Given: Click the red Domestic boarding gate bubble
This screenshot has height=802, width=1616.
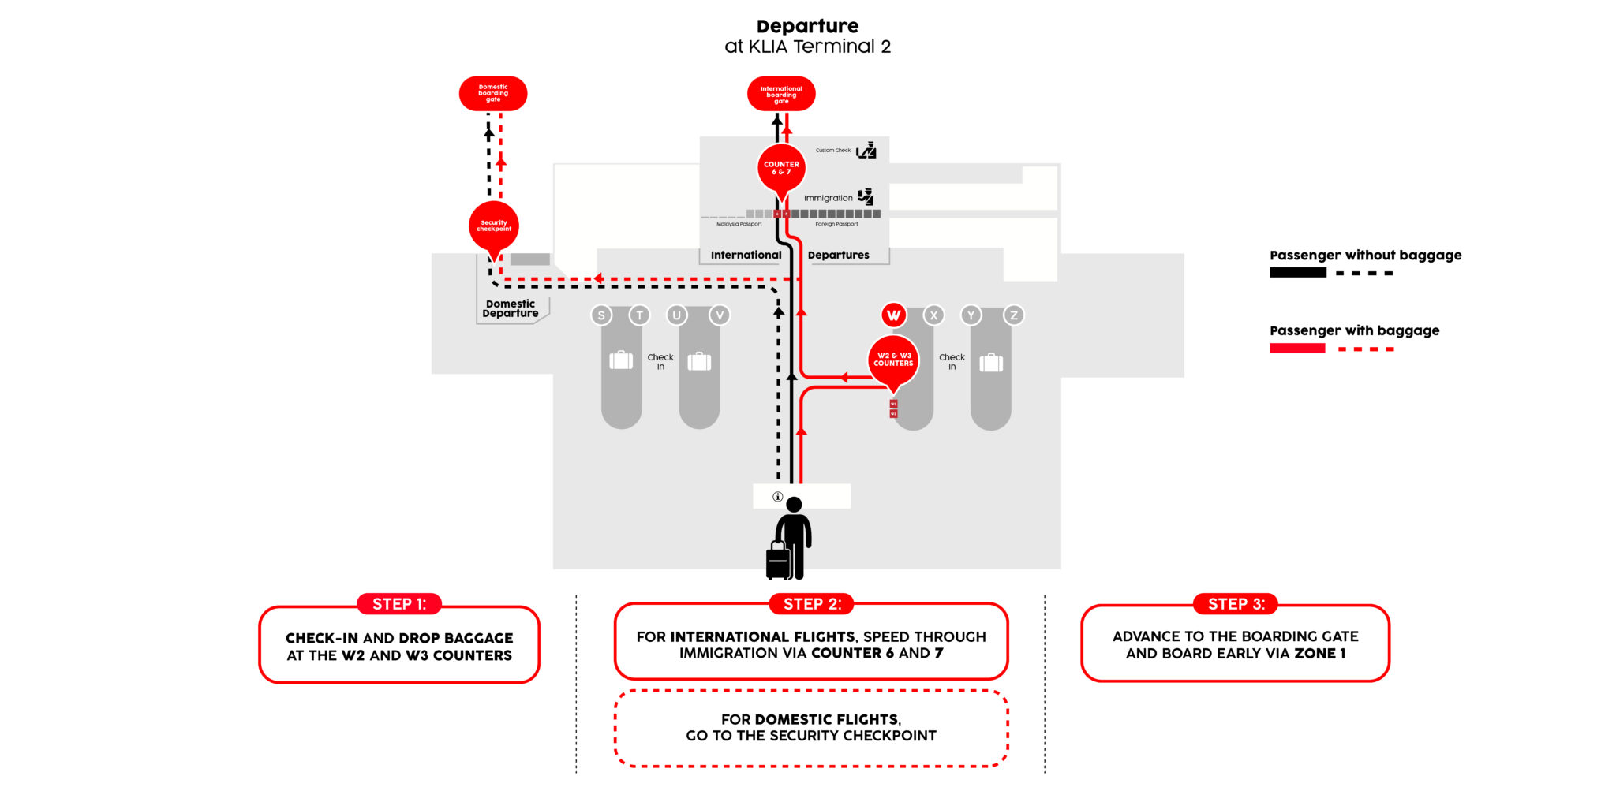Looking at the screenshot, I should pos(493,93).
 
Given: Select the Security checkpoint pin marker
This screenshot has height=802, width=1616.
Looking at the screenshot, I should pos(494,226).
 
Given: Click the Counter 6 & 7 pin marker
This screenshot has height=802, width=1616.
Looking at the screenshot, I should pos(781,168).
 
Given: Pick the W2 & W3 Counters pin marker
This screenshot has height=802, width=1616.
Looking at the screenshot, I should pos(893,360).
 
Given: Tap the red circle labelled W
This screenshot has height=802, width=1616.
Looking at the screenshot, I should pos(893,315).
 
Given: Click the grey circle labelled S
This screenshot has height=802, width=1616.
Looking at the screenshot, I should pos(601,315).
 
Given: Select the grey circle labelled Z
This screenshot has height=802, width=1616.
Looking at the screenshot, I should pos(1014,315).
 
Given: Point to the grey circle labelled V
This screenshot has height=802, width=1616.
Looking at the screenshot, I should pos(719,315).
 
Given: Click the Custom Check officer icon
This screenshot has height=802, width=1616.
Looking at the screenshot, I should pos(866,150).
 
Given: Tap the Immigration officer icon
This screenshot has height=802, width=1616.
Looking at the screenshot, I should pos(866,196).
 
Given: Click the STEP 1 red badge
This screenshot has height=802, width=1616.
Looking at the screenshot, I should pos(399,604).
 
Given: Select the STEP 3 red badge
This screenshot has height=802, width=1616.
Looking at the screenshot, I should pos(1236,604).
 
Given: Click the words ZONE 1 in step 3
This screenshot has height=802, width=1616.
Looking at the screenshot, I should pos(1319,654).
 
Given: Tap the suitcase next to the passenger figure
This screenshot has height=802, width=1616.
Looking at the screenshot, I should pos(778,561).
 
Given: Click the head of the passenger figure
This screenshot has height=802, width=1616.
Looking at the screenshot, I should pos(795,505).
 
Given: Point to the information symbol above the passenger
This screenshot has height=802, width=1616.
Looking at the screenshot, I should pos(777,497).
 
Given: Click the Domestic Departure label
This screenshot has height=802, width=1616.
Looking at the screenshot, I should pos(511,308).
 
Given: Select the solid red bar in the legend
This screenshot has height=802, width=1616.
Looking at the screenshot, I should pos(1297,349).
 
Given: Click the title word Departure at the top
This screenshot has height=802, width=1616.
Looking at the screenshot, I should pos(807,26).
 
